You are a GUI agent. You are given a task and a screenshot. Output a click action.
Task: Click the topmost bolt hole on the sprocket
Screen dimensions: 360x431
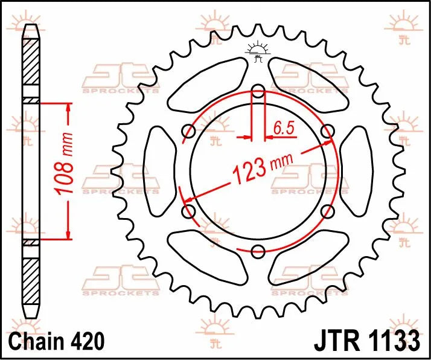point(258,92)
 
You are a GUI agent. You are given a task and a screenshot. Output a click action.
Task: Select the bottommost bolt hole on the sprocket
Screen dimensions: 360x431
point(258,251)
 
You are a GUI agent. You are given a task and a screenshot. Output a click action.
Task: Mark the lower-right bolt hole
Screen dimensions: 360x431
point(328,211)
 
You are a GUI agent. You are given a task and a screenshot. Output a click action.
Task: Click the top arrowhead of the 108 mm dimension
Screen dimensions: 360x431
point(68,108)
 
